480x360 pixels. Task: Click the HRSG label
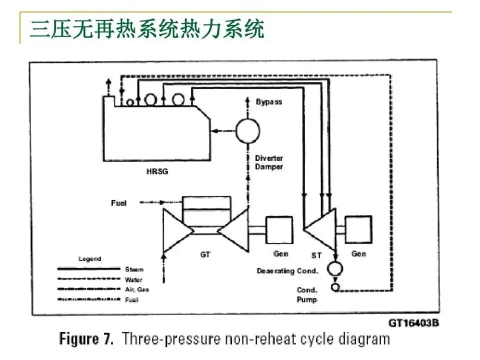click(157, 171)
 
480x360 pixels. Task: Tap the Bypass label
click(269, 102)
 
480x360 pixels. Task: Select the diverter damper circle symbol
click(248, 130)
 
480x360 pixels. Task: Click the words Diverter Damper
click(269, 162)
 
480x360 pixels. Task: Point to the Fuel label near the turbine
click(118, 203)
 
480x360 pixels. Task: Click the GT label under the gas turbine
click(205, 254)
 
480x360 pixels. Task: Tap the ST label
click(316, 255)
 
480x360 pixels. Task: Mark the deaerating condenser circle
click(335, 268)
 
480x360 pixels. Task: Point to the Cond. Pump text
click(307, 294)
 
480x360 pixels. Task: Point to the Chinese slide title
click(147, 29)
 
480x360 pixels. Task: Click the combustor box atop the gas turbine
click(206, 209)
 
